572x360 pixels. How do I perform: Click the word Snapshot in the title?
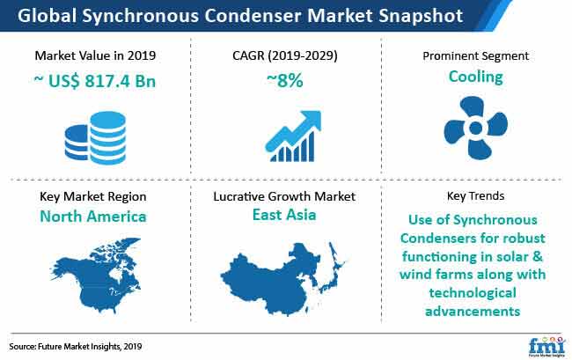point(421,16)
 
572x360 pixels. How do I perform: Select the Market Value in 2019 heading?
point(95,55)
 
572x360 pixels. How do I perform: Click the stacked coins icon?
point(95,137)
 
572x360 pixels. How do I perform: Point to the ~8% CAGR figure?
point(285,80)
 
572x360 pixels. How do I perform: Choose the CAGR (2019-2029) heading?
point(285,55)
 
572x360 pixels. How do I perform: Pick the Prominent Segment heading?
point(475,56)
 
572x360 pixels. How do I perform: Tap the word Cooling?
point(476,77)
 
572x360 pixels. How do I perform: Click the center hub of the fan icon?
point(475,128)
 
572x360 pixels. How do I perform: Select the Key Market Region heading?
point(93,196)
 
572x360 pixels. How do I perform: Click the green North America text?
point(93,217)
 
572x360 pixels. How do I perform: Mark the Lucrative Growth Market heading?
point(284,196)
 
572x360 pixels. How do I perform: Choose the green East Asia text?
point(284,215)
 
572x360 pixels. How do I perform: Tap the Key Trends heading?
point(475,196)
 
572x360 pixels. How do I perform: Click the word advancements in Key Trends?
point(473,312)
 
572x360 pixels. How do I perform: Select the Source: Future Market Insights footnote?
point(76,346)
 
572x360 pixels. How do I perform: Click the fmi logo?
point(546,347)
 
